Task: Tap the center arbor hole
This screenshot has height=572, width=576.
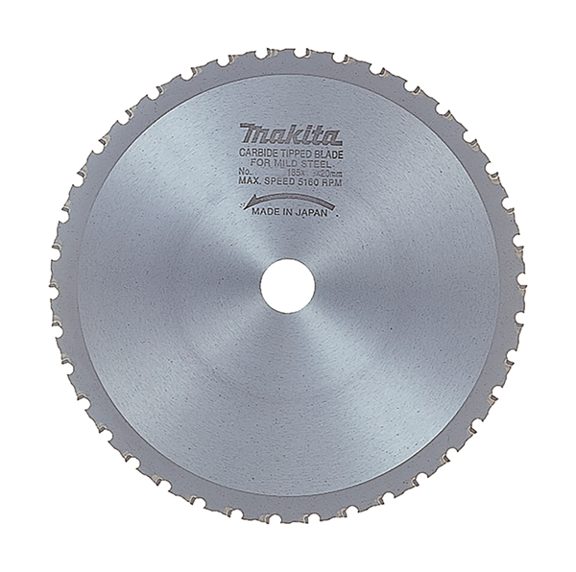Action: (286, 287)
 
